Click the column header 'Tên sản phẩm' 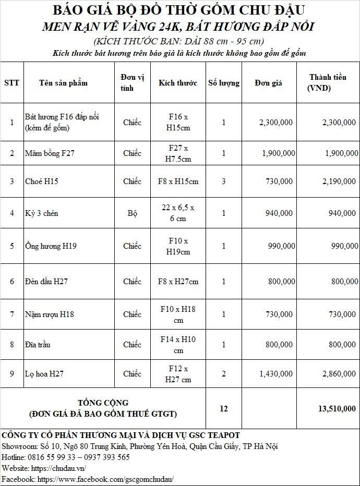pos(63,83)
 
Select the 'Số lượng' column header pos(223,83)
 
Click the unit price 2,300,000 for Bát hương pos(276,123)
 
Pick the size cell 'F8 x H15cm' pos(178,181)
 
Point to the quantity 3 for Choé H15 pos(223,181)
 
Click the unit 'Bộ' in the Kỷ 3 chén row pos(132,213)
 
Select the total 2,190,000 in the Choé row pos(335,181)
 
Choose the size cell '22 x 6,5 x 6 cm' pos(178,213)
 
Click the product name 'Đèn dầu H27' pos(46,282)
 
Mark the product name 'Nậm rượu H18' pos(49,314)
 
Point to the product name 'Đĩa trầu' pos(38,345)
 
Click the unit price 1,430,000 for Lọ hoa pos(276,374)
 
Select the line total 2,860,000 pos(335,374)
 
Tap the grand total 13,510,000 pos(337,409)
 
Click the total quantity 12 pos(223,409)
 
